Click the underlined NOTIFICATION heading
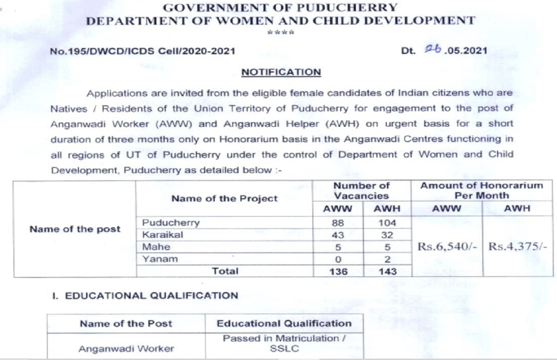[281, 72]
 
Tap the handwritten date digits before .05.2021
[433, 50]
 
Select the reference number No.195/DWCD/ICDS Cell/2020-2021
[142, 51]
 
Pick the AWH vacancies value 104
[387, 223]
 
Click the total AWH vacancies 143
[387, 271]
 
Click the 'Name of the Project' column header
[224, 199]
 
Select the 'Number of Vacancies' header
[362, 191]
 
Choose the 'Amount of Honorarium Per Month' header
[481, 191]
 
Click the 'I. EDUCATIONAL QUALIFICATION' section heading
[144, 296]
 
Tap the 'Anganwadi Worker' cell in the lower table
[126, 348]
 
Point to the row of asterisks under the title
[281, 32]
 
